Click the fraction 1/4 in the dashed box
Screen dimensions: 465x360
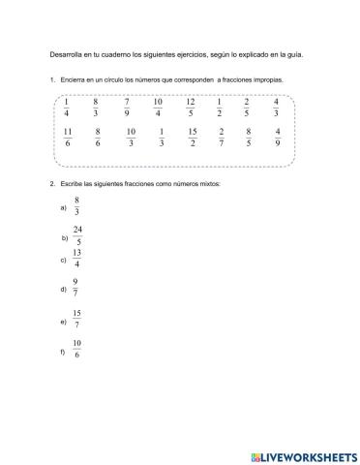(67, 108)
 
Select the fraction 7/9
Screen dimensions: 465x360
(127, 108)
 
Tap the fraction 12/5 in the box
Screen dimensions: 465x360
(190, 108)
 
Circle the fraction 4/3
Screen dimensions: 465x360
(277, 108)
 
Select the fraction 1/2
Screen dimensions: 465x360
(220, 108)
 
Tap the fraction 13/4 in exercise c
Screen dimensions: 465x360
(76, 259)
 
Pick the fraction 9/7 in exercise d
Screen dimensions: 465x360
(75, 288)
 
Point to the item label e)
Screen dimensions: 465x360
(63, 320)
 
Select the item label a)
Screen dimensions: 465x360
(63, 207)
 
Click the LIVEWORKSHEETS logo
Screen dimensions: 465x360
(299, 454)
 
